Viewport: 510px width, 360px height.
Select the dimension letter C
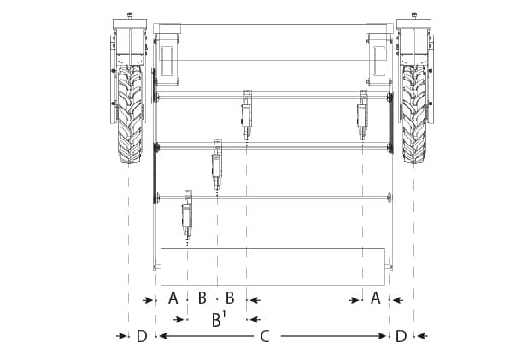265,336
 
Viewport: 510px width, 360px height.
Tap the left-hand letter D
141,336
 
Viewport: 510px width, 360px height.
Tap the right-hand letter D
401,336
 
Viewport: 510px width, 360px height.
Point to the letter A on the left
173,298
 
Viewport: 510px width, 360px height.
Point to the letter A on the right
374,298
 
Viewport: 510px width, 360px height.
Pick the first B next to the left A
202,298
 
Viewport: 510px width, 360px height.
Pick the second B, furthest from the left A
230,298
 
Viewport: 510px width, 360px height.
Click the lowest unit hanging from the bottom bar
187,217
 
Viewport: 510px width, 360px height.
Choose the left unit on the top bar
247,113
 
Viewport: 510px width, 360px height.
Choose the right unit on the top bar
363,113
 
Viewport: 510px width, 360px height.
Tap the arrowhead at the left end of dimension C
160,336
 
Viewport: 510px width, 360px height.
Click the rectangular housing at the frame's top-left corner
167,56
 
